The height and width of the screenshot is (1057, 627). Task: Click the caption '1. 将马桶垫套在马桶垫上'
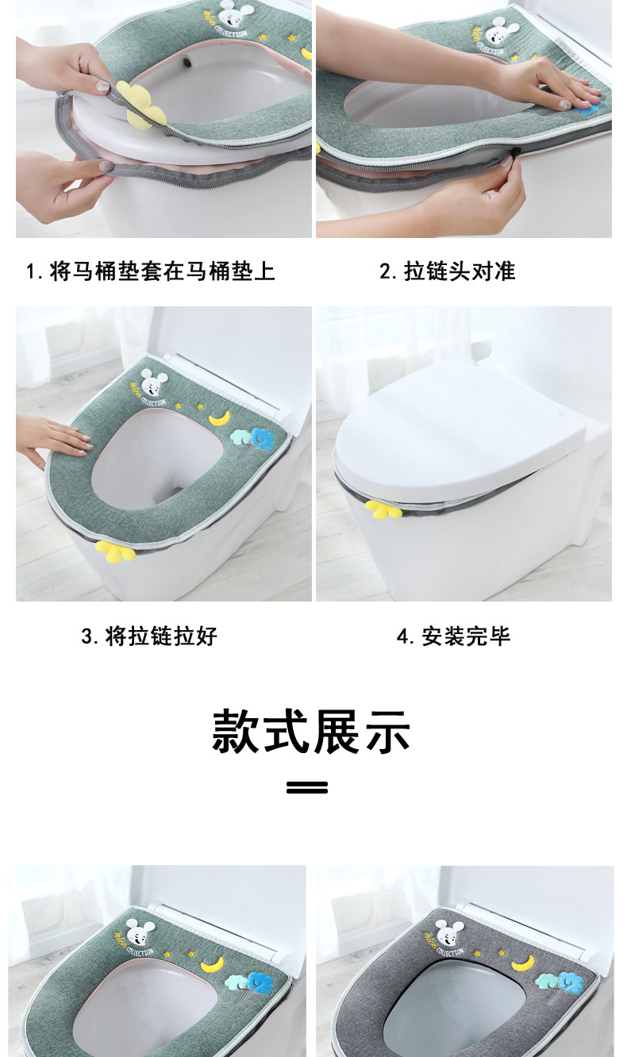point(150,271)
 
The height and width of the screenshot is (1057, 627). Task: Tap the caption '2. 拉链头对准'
point(448,271)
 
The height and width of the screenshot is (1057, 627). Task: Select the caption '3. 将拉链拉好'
point(149,636)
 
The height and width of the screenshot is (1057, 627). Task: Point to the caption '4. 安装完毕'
point(453,636)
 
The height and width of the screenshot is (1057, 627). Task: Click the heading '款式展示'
point(311,731)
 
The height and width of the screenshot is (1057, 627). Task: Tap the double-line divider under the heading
point(307,787)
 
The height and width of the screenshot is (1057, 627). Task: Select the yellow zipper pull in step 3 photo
point(114,552)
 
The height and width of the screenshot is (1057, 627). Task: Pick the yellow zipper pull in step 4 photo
point(383,509)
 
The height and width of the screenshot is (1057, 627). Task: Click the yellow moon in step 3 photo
point(220,418)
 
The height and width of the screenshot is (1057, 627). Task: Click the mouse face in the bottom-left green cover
point(141,934)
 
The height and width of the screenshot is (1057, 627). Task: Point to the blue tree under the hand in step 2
point(589,110)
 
